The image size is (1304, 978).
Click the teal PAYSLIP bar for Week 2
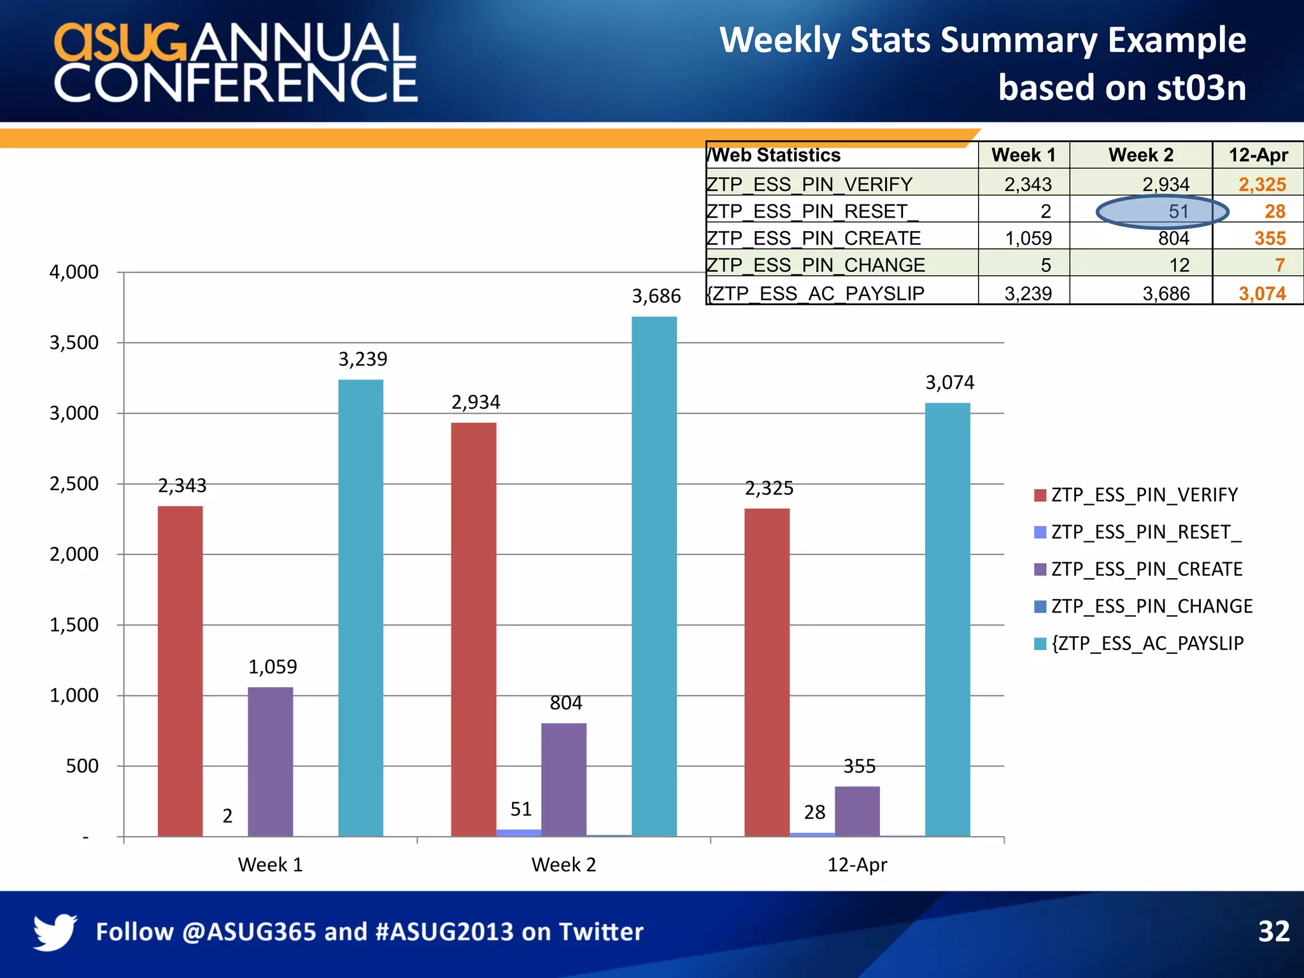point(654,576)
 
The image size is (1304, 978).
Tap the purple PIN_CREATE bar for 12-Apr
point(857,811)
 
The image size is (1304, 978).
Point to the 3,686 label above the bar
point(656,296)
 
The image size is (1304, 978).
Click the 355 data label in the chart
point(860,766)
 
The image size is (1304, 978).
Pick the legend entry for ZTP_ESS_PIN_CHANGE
point(1151,606)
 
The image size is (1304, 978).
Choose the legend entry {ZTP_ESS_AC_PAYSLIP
point(1147,643)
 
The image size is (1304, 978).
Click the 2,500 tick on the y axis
point(74,484)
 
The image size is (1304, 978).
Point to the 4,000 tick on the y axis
point(74,273)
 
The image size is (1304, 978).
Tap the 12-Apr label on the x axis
point(857,865)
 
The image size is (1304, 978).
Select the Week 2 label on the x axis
point(563,865)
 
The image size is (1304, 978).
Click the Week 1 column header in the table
point(1023,155)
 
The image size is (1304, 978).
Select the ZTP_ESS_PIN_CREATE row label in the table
point(814,238)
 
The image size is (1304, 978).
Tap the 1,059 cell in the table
point(1028,238)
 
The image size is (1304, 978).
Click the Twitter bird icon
point(55,932)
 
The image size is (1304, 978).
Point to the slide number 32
point(1273,932)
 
